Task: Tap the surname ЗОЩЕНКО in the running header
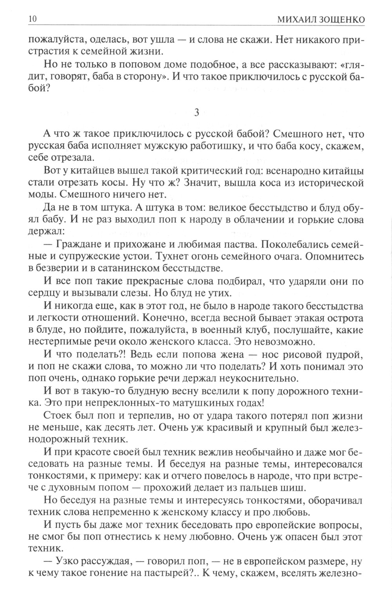pyautogui.click(x=341, y=19)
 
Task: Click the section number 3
pyautogui.click(x=197, y=113)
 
